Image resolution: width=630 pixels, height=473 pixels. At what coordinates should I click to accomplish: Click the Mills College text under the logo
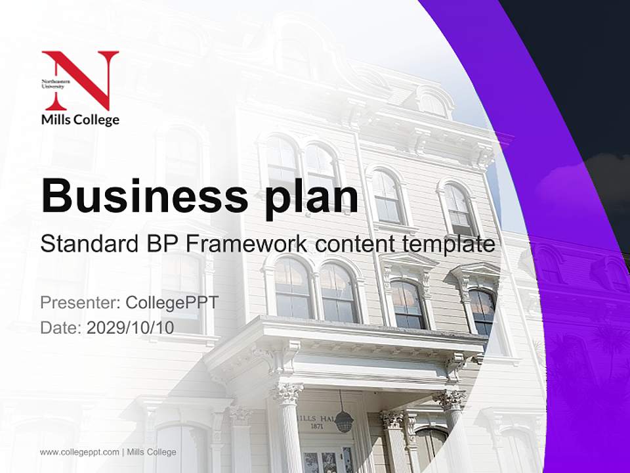[x=80, y=120]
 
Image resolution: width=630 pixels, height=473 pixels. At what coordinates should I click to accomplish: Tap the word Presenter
[x=78, y=303]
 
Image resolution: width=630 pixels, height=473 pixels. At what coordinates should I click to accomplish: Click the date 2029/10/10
[x=131, y=328]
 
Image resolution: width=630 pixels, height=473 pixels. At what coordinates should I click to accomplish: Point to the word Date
[x=60, y=328]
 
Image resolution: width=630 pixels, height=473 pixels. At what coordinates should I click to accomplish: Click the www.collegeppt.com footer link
[x=79, y=452]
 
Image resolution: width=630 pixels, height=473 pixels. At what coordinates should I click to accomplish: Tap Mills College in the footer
[x=152, y=452]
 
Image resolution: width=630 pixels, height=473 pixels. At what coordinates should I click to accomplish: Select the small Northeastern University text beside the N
[x=52, y=83]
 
